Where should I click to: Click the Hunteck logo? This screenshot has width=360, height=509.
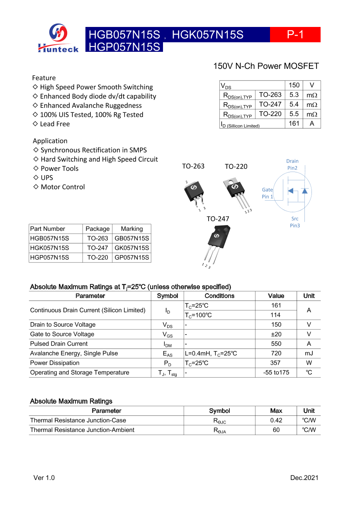tap(58, 38)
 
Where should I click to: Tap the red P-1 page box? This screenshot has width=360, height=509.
tap(295, 35)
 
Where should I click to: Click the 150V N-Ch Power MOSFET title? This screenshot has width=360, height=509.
tap(266, 66)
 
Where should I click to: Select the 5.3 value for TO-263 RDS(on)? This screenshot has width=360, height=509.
tap(294, 95)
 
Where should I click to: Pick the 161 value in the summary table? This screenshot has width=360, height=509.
tap(294, 124)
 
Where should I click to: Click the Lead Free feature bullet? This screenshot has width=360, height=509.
tap(51, 124)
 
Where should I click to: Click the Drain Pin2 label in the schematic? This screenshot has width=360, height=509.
tap(292, 165)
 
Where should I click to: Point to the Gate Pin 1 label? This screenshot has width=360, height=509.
tap(268, 193)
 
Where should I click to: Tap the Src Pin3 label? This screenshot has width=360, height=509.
tap(294, 222)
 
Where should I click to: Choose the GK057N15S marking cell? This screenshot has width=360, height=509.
tap(131, 248)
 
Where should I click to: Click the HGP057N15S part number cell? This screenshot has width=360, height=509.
tap(50, 257)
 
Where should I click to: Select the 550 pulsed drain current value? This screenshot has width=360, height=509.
tap(276, 344)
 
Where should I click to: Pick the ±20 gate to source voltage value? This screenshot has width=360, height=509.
tap(276, 334)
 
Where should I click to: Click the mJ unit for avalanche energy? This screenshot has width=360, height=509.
tap(309, 353)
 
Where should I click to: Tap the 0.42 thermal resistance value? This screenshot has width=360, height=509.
tap(276, 420)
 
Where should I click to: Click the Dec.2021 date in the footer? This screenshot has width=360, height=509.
tap(304, 478)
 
